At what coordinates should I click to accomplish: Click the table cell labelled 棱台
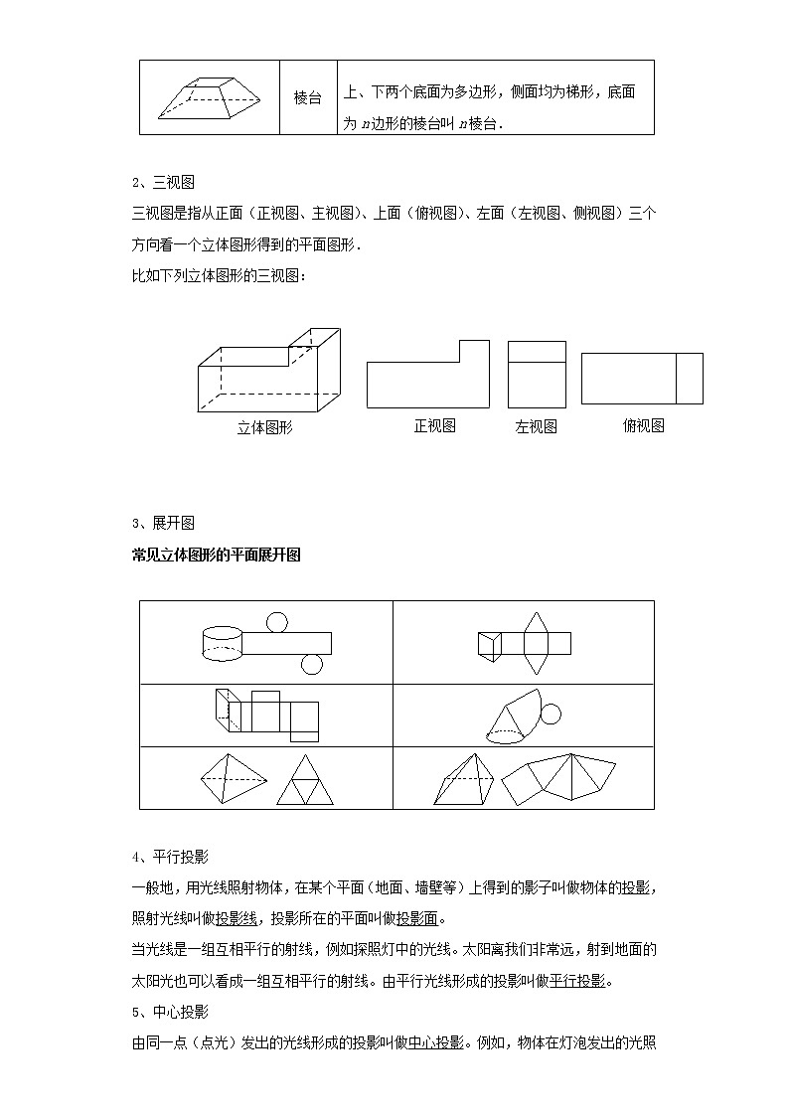click(x=308, y=98)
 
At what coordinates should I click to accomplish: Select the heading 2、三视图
click(x=162, y=182)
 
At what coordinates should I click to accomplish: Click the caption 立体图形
click(x=265, y=427)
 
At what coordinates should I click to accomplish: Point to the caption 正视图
click(x=435, y=425)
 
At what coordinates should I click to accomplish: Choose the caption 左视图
click(x=536, y=426)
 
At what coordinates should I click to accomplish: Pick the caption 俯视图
click(x=643, y=425)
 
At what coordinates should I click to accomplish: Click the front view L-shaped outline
click(x=427, y=378)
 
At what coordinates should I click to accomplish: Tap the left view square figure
click(x=537, y=374)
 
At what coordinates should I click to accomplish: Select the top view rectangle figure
click(x=642, y=379)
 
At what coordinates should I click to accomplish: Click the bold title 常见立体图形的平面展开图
click(x=216, y=555)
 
